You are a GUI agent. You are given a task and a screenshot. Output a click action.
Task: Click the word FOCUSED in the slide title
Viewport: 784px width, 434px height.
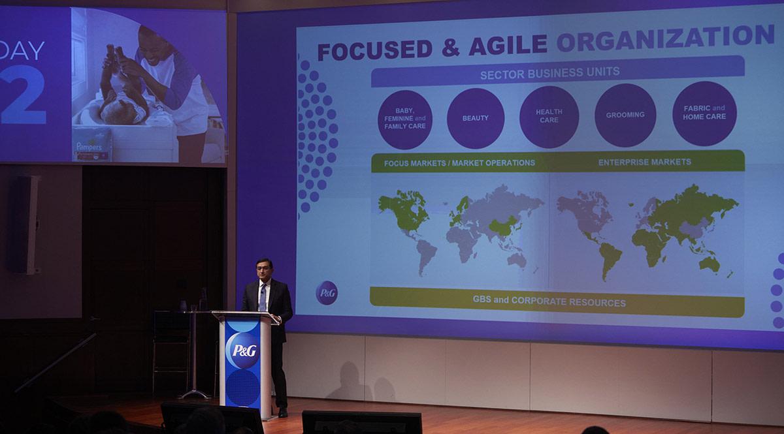click(374, 50)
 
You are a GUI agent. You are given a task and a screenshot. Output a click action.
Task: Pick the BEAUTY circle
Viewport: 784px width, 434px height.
click(476, 118)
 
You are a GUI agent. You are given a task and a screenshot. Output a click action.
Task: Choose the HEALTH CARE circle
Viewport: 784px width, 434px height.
click(549, 116)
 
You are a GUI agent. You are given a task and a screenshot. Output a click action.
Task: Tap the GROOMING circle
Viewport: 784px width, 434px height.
click(625, 115)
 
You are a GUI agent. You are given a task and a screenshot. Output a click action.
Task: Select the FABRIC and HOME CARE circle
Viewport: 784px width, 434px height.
click(704, 113)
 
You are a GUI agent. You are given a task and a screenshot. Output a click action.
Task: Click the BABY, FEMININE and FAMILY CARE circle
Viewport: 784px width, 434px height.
click(405, 119)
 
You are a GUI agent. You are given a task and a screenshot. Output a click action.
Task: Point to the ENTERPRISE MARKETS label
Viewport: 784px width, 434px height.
click(644, 162)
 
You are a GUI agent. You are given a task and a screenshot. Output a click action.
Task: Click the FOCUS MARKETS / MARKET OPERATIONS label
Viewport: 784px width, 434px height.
click(459, 163)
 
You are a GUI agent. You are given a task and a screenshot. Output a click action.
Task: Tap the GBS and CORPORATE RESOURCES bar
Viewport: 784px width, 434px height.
click(549, 302)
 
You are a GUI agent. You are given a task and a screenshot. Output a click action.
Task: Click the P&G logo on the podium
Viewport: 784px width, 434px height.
click(244, 350)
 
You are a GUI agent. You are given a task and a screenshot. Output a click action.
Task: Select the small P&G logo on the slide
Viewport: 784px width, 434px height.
click(327, 292)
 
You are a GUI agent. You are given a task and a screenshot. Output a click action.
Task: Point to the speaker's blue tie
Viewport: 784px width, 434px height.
click(263, 298)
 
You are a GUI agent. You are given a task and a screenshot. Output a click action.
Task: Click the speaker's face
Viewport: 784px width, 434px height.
click(265, 270)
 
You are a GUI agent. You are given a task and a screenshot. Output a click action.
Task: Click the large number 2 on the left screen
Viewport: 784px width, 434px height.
click(24, 94)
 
